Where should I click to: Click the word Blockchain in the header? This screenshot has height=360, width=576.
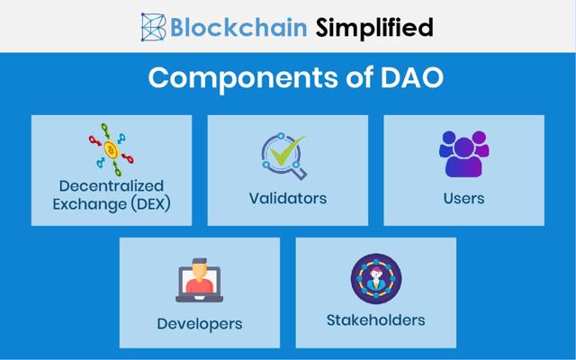(x=237, y=27)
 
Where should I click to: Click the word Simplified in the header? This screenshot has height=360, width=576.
(x=373, y=27)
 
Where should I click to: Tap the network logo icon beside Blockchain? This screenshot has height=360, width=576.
(x=154, y=27)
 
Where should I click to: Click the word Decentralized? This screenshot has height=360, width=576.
(x=112, y=184)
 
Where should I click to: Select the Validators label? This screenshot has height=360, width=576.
(x=288, y=197)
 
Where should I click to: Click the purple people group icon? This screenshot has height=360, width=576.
(x=463, y=154)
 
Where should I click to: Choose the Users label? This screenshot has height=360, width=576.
(x=463, y=197)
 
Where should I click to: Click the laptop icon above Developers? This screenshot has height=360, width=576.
(x=199, y=282)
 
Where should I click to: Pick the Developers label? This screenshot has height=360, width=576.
(x=200, y=323)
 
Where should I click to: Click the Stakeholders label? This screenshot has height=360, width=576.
(x=375, y=319)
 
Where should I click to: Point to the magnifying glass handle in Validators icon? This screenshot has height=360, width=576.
(x=301, y=173)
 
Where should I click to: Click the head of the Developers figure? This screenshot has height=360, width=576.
(x=200, y=268)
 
